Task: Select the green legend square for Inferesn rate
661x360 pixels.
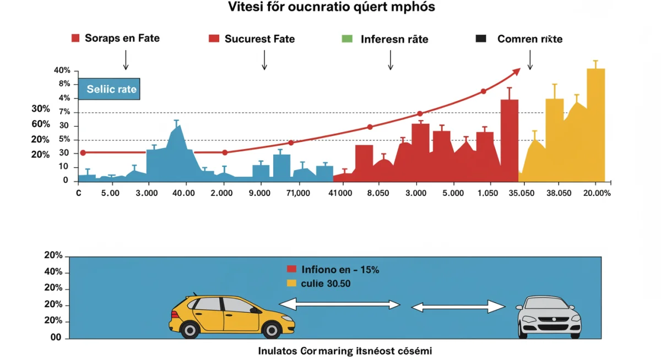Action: point(346,39)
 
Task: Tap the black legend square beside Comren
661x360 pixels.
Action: point(481,39)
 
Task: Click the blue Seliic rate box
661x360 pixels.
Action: point(109,89)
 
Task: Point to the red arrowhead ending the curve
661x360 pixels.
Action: point(516,71)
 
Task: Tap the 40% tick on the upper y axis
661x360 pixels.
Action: point(62,70)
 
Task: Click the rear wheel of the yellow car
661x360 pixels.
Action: point(189,329)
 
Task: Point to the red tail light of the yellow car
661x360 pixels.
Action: point(175,314)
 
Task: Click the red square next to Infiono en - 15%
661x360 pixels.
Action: point(292,269)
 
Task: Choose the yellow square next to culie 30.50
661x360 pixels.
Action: point(292,283)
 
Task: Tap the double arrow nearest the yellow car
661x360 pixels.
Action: point(339,304)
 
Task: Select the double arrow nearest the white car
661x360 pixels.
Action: point(458,307)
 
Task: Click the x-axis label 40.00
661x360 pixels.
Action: point(183,193)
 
